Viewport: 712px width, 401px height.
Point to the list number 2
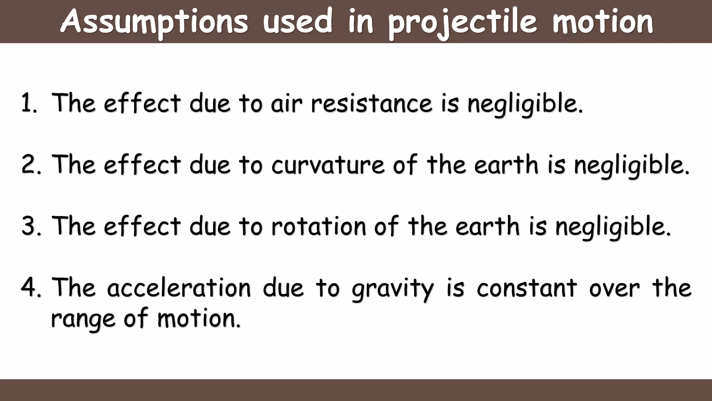tap(30, 164)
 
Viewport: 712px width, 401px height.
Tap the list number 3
tap(30, 226)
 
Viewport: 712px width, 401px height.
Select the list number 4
tap(30, 288)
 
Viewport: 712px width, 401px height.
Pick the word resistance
tap(371, 103)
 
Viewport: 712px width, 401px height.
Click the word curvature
tap(328, 164)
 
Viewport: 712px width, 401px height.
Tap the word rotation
tap(318, 226)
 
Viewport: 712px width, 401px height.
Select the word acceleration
tap(179, 288)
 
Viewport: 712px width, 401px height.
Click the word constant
tap(527, 288)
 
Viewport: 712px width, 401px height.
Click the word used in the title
tap(298, 22)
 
